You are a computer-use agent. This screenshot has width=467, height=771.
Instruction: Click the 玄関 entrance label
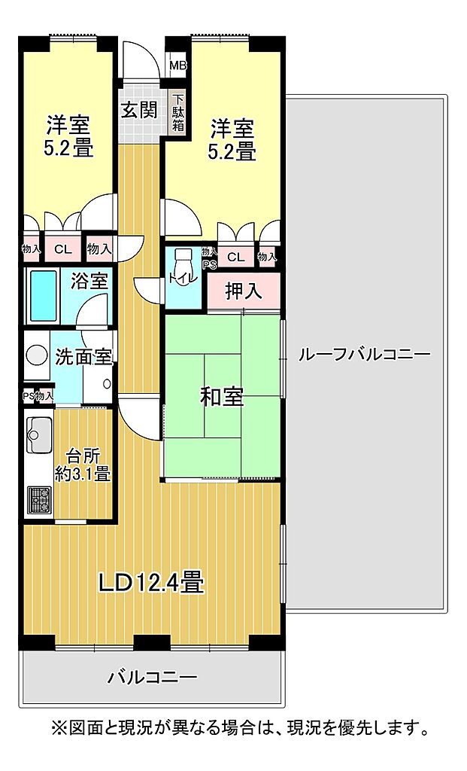[x=139, y=110]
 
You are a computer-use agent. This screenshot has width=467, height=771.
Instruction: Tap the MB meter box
[x=177, y=65]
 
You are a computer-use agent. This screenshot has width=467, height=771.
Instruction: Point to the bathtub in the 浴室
[x=43, y=295]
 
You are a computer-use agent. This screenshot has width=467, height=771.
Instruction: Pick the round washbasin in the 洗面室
[x=36, y=355]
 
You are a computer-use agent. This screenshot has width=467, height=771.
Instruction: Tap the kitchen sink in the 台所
[x=39, y=434]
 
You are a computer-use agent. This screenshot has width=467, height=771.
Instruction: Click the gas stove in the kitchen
[x=39, y=500]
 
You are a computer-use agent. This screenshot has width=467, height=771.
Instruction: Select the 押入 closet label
[x=244, y=291]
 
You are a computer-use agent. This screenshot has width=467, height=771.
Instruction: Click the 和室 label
[x=223, y=396]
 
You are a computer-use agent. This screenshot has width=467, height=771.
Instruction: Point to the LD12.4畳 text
[x=151, y=583]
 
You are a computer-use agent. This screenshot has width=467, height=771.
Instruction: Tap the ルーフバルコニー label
[x=365, y=354]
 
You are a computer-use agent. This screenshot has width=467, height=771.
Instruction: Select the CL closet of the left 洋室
[x=62, y=249]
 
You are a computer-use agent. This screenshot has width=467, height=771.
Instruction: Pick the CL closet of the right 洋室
[x=236, y=258]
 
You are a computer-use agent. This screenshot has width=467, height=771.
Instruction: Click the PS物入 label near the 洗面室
[x=38, y=396]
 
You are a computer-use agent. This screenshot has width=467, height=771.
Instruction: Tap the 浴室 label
[x=89, y=281]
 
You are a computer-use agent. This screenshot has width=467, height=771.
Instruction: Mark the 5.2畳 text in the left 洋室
[x=68, y=148]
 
